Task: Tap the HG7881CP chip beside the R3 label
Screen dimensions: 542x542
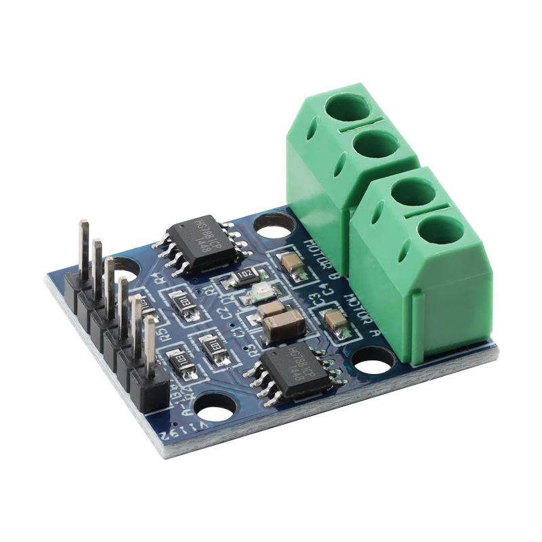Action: pos(293,373)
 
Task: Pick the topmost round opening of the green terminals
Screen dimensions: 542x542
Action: pos(347,107)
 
